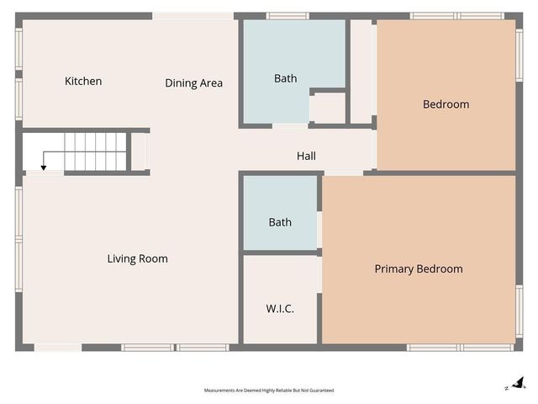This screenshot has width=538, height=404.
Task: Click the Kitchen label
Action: click(83, 82)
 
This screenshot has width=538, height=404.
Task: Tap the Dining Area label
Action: click(193, 83)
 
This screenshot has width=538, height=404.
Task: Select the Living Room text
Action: click(137, 258)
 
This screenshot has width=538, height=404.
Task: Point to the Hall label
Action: click(306, 156)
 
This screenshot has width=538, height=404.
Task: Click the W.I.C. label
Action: click(280, 309)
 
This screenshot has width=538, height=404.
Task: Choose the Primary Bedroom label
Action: click(418, 269)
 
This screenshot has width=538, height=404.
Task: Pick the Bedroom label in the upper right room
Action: click(446, 104)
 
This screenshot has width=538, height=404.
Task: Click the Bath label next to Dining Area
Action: click(285, 78)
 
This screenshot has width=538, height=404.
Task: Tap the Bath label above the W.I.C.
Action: click(280, 222)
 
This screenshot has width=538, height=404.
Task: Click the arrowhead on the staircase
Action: click(44, 168)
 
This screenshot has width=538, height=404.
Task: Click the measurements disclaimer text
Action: click(269, 391)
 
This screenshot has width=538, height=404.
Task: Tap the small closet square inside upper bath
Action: click(328, 108)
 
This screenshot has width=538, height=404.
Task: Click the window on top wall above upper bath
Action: click(287, 15)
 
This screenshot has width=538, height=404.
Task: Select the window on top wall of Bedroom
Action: click(456, 15)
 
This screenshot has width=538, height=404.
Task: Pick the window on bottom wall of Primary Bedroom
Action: click(460, 347)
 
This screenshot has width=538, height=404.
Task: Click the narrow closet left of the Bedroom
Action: click(361, 72)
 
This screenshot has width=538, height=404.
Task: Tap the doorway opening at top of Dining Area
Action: click(193, 15)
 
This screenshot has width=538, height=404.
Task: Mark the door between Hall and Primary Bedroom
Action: click(343, 173)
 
